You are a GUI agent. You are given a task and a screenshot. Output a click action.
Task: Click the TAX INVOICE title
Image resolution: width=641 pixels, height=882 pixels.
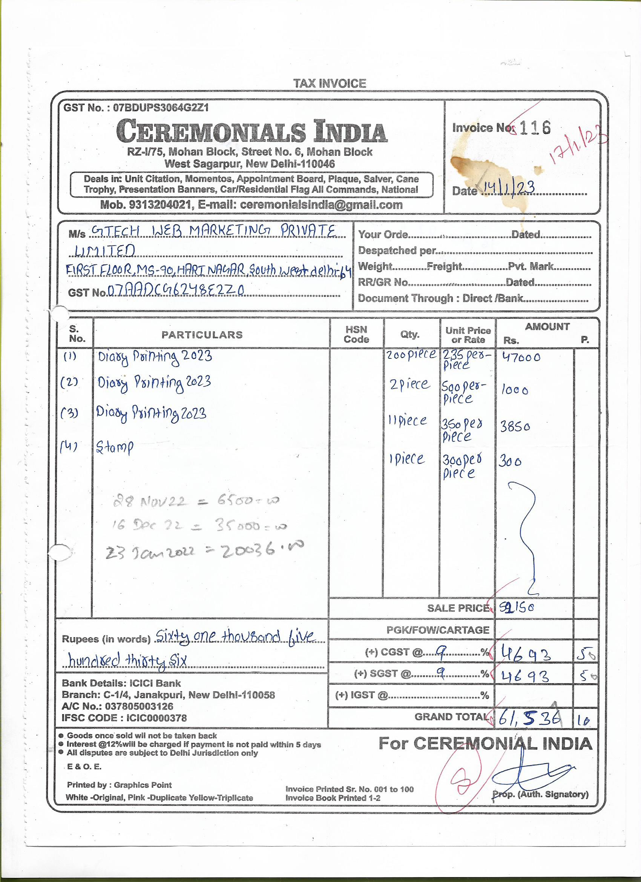(329, 83)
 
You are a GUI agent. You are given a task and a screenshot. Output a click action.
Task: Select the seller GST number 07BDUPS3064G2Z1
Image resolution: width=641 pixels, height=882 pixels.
(161, 108)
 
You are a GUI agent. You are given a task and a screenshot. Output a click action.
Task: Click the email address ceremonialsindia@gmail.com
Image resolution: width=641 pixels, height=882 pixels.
(321, 205)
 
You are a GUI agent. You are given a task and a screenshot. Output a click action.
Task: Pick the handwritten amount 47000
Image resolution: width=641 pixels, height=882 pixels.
(521, 357)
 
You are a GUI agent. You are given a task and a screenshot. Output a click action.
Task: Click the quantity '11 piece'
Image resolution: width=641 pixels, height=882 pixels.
(407, 421)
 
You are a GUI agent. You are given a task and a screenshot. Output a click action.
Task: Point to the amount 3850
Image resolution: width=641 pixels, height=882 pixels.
(515, 427)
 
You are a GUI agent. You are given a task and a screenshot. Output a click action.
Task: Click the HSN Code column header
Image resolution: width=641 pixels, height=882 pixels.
(356, 335)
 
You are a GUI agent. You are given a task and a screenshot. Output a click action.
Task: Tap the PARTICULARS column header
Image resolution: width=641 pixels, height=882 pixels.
(202, 335)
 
